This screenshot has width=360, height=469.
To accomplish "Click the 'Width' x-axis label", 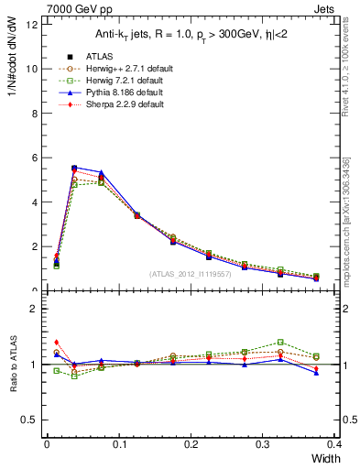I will click(324, 459).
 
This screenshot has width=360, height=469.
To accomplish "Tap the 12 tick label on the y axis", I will click(31, 24).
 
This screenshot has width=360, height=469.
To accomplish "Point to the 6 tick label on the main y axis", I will click(34, 158).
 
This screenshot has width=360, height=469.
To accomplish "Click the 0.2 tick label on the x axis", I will click(191, 444).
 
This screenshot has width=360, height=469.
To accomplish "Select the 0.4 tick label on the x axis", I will click(334, 444).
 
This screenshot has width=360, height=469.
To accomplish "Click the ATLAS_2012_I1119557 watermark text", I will click(191, 274).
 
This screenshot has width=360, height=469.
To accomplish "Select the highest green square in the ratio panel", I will click(306, 342).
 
